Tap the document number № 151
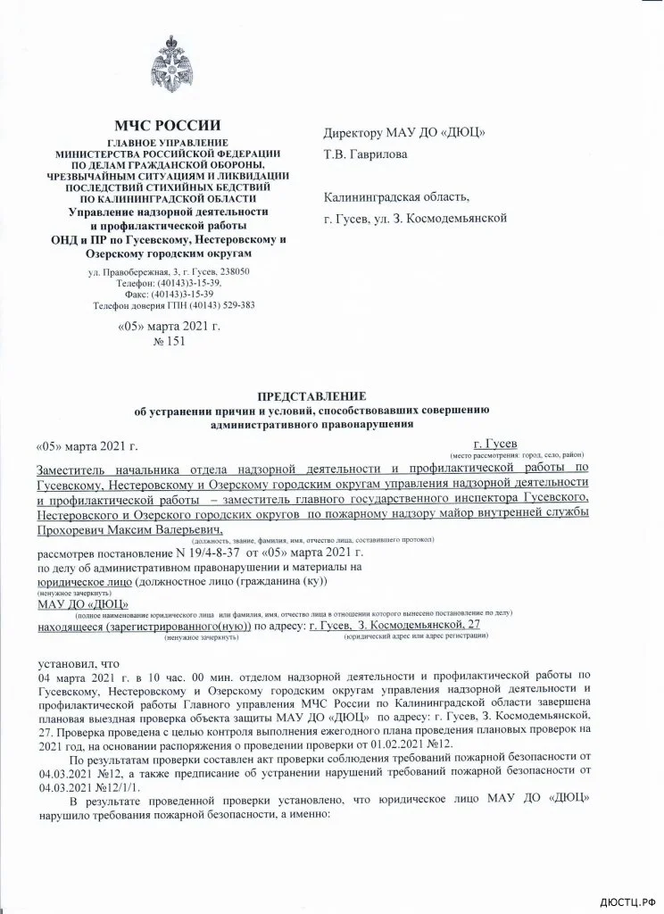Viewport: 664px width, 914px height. [x=169, y=341]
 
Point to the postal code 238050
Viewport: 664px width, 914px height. [x=229, y=271]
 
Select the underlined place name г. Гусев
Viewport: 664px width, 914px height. [x=501, y=443]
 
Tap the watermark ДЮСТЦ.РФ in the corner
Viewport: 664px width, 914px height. [x=626, y=902]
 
